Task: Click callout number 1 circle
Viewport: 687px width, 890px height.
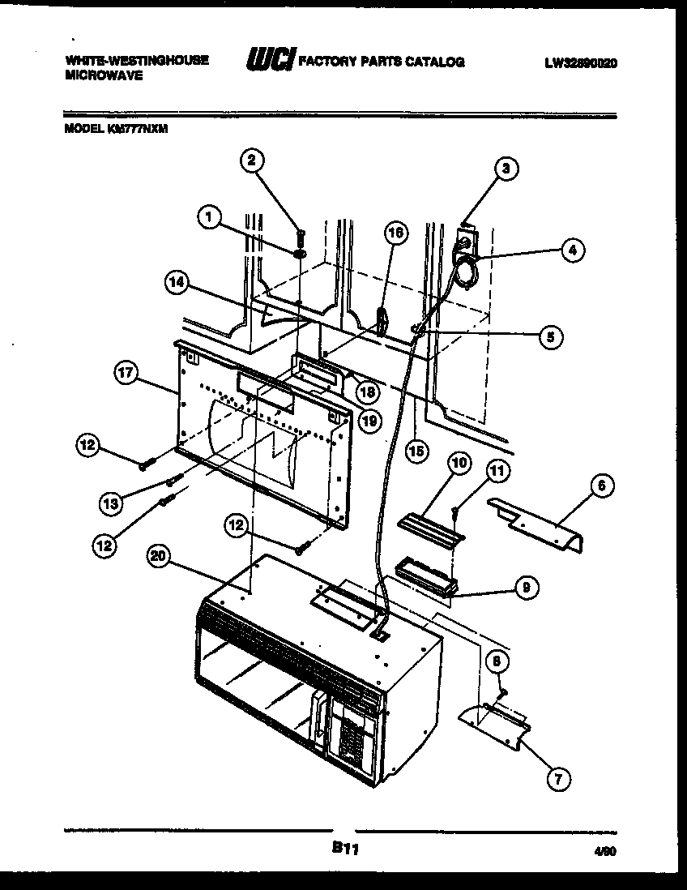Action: pos(209,216)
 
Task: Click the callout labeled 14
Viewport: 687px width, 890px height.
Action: pos(176,282)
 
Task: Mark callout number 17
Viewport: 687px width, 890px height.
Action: pos(126,374)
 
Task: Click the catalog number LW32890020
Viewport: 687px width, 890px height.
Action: pos(580,62)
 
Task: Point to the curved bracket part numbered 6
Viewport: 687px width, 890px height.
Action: pos(539,525)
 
